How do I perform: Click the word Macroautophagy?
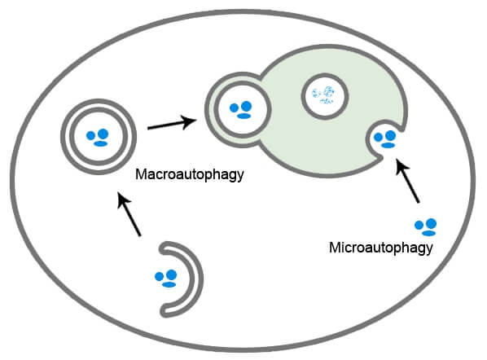coord(190,174)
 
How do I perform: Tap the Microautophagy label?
coord(381,248)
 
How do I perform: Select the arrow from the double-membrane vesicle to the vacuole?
coord(172,123)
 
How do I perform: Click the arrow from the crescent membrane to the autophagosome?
coord(129,214)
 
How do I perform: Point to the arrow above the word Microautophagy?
coord(407,181)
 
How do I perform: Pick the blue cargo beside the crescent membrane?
coord(166,279)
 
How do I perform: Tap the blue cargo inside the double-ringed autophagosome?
coord(98,138)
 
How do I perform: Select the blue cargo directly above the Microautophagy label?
coord(426,227)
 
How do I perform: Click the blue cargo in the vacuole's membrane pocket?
coord(385,139)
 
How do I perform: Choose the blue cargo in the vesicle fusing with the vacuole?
coord(241,110)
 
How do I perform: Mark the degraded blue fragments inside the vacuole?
coord(323,95)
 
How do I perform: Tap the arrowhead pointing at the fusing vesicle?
coord(196,120)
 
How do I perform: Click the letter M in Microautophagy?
coord(336,248)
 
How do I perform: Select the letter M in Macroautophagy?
coord(142,174)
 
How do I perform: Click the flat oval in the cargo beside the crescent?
coord(169,284)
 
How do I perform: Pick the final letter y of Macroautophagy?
coord(240,177)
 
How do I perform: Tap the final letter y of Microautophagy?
coord(429,250)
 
